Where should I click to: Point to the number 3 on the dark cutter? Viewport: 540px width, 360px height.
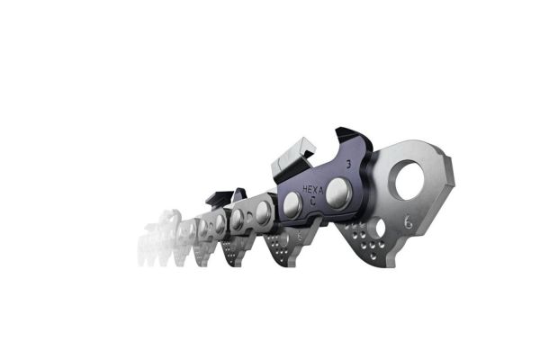tap(347, 165)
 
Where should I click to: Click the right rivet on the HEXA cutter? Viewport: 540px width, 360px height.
tap(338, 190)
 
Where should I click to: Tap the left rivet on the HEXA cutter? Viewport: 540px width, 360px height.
tap(292, 206)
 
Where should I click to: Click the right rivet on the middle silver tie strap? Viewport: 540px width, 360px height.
tap(263, 213)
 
